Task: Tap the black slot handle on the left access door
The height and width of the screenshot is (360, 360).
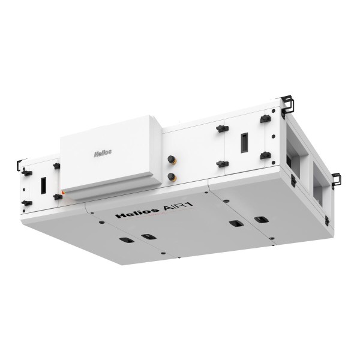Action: tap(43, 184)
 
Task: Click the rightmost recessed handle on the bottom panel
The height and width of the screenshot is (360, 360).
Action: tap(261, 219)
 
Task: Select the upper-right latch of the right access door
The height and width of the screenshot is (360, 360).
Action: tap(265, 119)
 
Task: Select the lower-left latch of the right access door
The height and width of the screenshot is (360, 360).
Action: tap(221, 163)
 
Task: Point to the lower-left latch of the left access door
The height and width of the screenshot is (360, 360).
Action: tap(26, 202)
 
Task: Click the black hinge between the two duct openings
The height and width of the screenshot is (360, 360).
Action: tap(293, 179)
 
